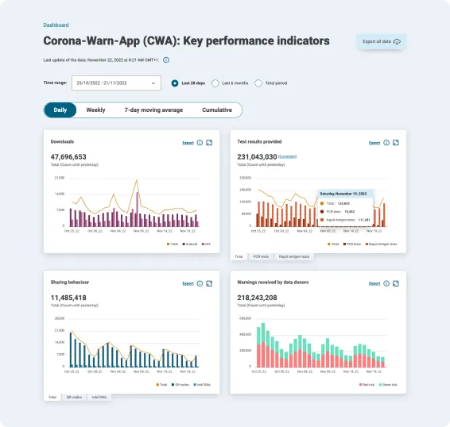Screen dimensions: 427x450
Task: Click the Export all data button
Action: [382, 41]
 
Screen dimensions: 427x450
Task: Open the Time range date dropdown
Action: [116, 83]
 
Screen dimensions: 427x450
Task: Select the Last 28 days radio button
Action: [175, 83]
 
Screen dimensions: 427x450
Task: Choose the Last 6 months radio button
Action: [215, 83]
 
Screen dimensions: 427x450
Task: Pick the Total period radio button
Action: [258, 83]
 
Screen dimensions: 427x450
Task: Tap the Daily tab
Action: [60, 110]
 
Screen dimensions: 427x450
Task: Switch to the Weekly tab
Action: [95, 110]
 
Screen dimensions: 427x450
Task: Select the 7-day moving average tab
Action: [153, 110]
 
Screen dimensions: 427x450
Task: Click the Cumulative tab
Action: [217, 110]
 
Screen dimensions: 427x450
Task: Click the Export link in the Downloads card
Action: [188, 143]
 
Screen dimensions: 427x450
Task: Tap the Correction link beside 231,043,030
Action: [287, 157]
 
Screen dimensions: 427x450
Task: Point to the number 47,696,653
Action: [68, 157]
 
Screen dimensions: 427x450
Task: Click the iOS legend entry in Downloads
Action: [207, 244]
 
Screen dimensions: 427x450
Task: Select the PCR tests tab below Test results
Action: [260, 256]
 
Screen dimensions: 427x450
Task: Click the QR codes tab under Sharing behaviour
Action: [74, 397]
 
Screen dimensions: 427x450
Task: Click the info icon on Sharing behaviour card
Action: [200, 283]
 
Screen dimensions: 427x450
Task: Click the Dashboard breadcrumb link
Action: [56, 25]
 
